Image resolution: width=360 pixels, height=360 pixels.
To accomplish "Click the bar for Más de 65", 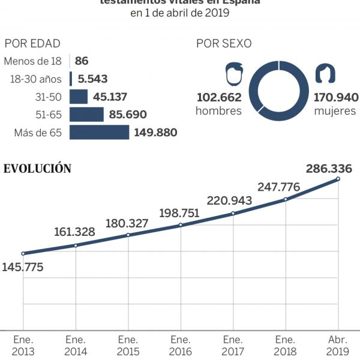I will click(99, 132).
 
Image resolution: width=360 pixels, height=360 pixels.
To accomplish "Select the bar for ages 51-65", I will click(87, 114).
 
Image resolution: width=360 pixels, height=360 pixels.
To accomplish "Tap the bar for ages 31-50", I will click(79, 97).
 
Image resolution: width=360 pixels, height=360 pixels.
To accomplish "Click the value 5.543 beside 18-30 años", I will click(94, 79).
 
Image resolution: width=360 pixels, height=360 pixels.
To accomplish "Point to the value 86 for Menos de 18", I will click(82, 61).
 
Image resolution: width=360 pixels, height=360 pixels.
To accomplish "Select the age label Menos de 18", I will click(33, 61).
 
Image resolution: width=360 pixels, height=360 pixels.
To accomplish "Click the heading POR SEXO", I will click(224, 44).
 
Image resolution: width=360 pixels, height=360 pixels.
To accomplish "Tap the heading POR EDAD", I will click(32, 44).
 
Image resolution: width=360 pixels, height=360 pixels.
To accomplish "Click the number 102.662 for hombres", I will click(218, 97).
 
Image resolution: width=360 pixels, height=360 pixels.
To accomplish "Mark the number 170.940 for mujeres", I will click(336, 97).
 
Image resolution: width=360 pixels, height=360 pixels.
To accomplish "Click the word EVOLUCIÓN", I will click(38, 169).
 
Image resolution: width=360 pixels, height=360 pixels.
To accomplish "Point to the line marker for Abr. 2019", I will click(338, 178).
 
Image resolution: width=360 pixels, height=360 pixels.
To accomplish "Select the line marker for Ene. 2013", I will click(23, 253).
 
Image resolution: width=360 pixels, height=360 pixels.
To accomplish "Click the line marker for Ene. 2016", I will click(181, 225).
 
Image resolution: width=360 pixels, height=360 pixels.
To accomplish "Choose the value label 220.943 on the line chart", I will click(229, 200).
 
